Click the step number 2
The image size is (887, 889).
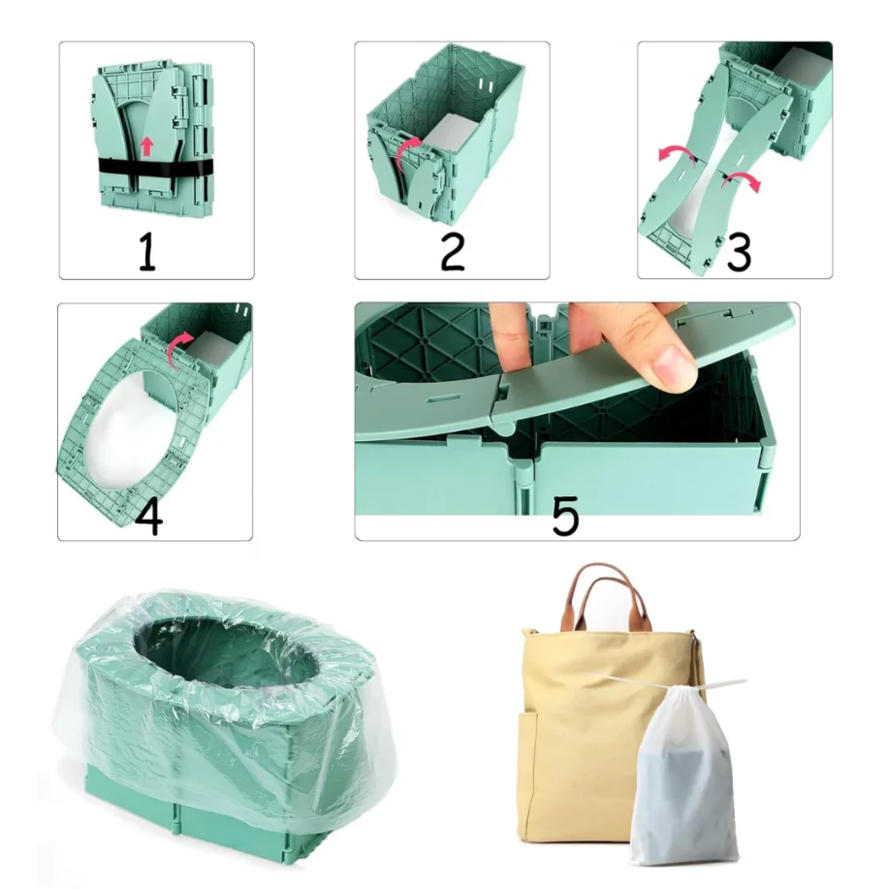[452, 251]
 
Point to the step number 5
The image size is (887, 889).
[565, 516]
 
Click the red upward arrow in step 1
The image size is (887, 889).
[145, 146]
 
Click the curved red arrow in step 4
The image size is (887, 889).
[177, 350]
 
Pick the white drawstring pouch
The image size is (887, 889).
[684, 776]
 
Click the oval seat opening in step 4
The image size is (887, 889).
[127, 428]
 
